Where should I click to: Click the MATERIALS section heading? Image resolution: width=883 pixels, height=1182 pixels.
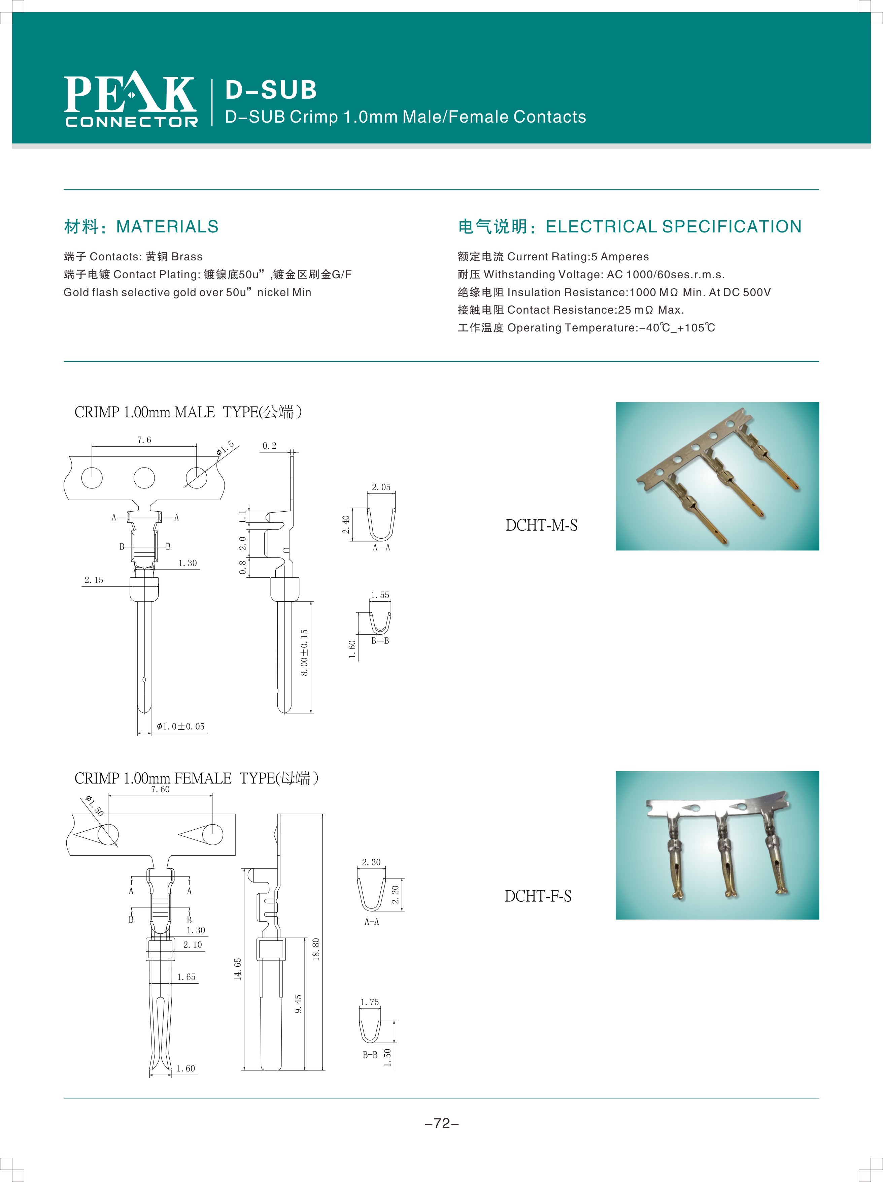(x=167, y=227)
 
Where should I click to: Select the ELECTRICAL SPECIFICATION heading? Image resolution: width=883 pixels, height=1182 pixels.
(x=673, y=227)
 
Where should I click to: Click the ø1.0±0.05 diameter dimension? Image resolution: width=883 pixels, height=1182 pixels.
(x=180, y=726)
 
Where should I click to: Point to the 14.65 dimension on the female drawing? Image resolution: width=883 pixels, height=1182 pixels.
(x=238, y=969)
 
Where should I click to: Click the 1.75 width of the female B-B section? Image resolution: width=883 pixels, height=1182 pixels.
(x=370, y=1002)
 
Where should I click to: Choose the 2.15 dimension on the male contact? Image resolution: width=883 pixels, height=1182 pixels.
(x=94, y=580)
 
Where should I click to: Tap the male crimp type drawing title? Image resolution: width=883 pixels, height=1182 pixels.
(x=188, y=412)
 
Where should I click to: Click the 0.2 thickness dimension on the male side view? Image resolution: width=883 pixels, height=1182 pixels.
(x=269, y=446)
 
